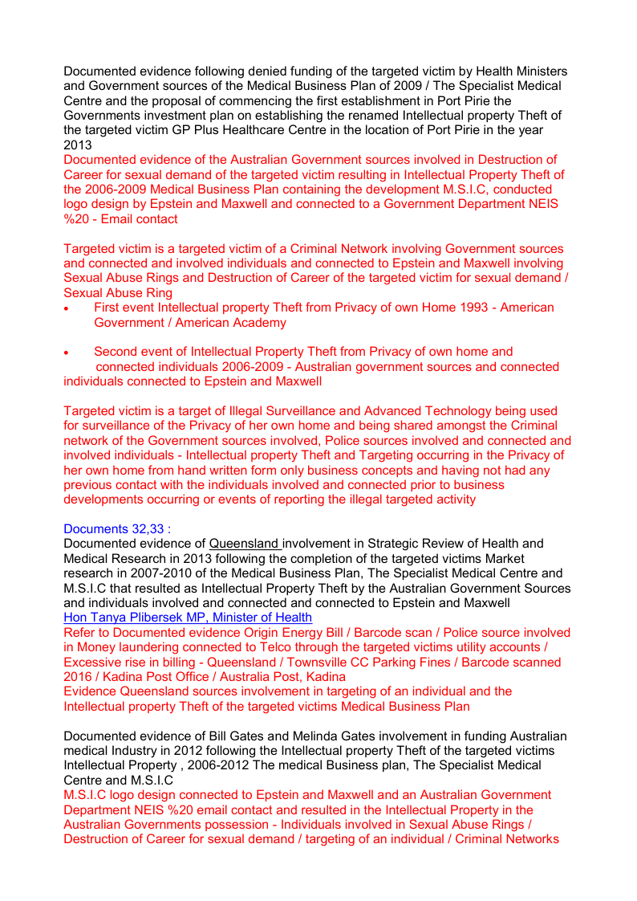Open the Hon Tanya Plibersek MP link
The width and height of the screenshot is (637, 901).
coord(188,618)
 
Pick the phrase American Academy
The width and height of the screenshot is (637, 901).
coord(230,323)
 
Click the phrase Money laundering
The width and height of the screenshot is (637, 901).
coord(128,647)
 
